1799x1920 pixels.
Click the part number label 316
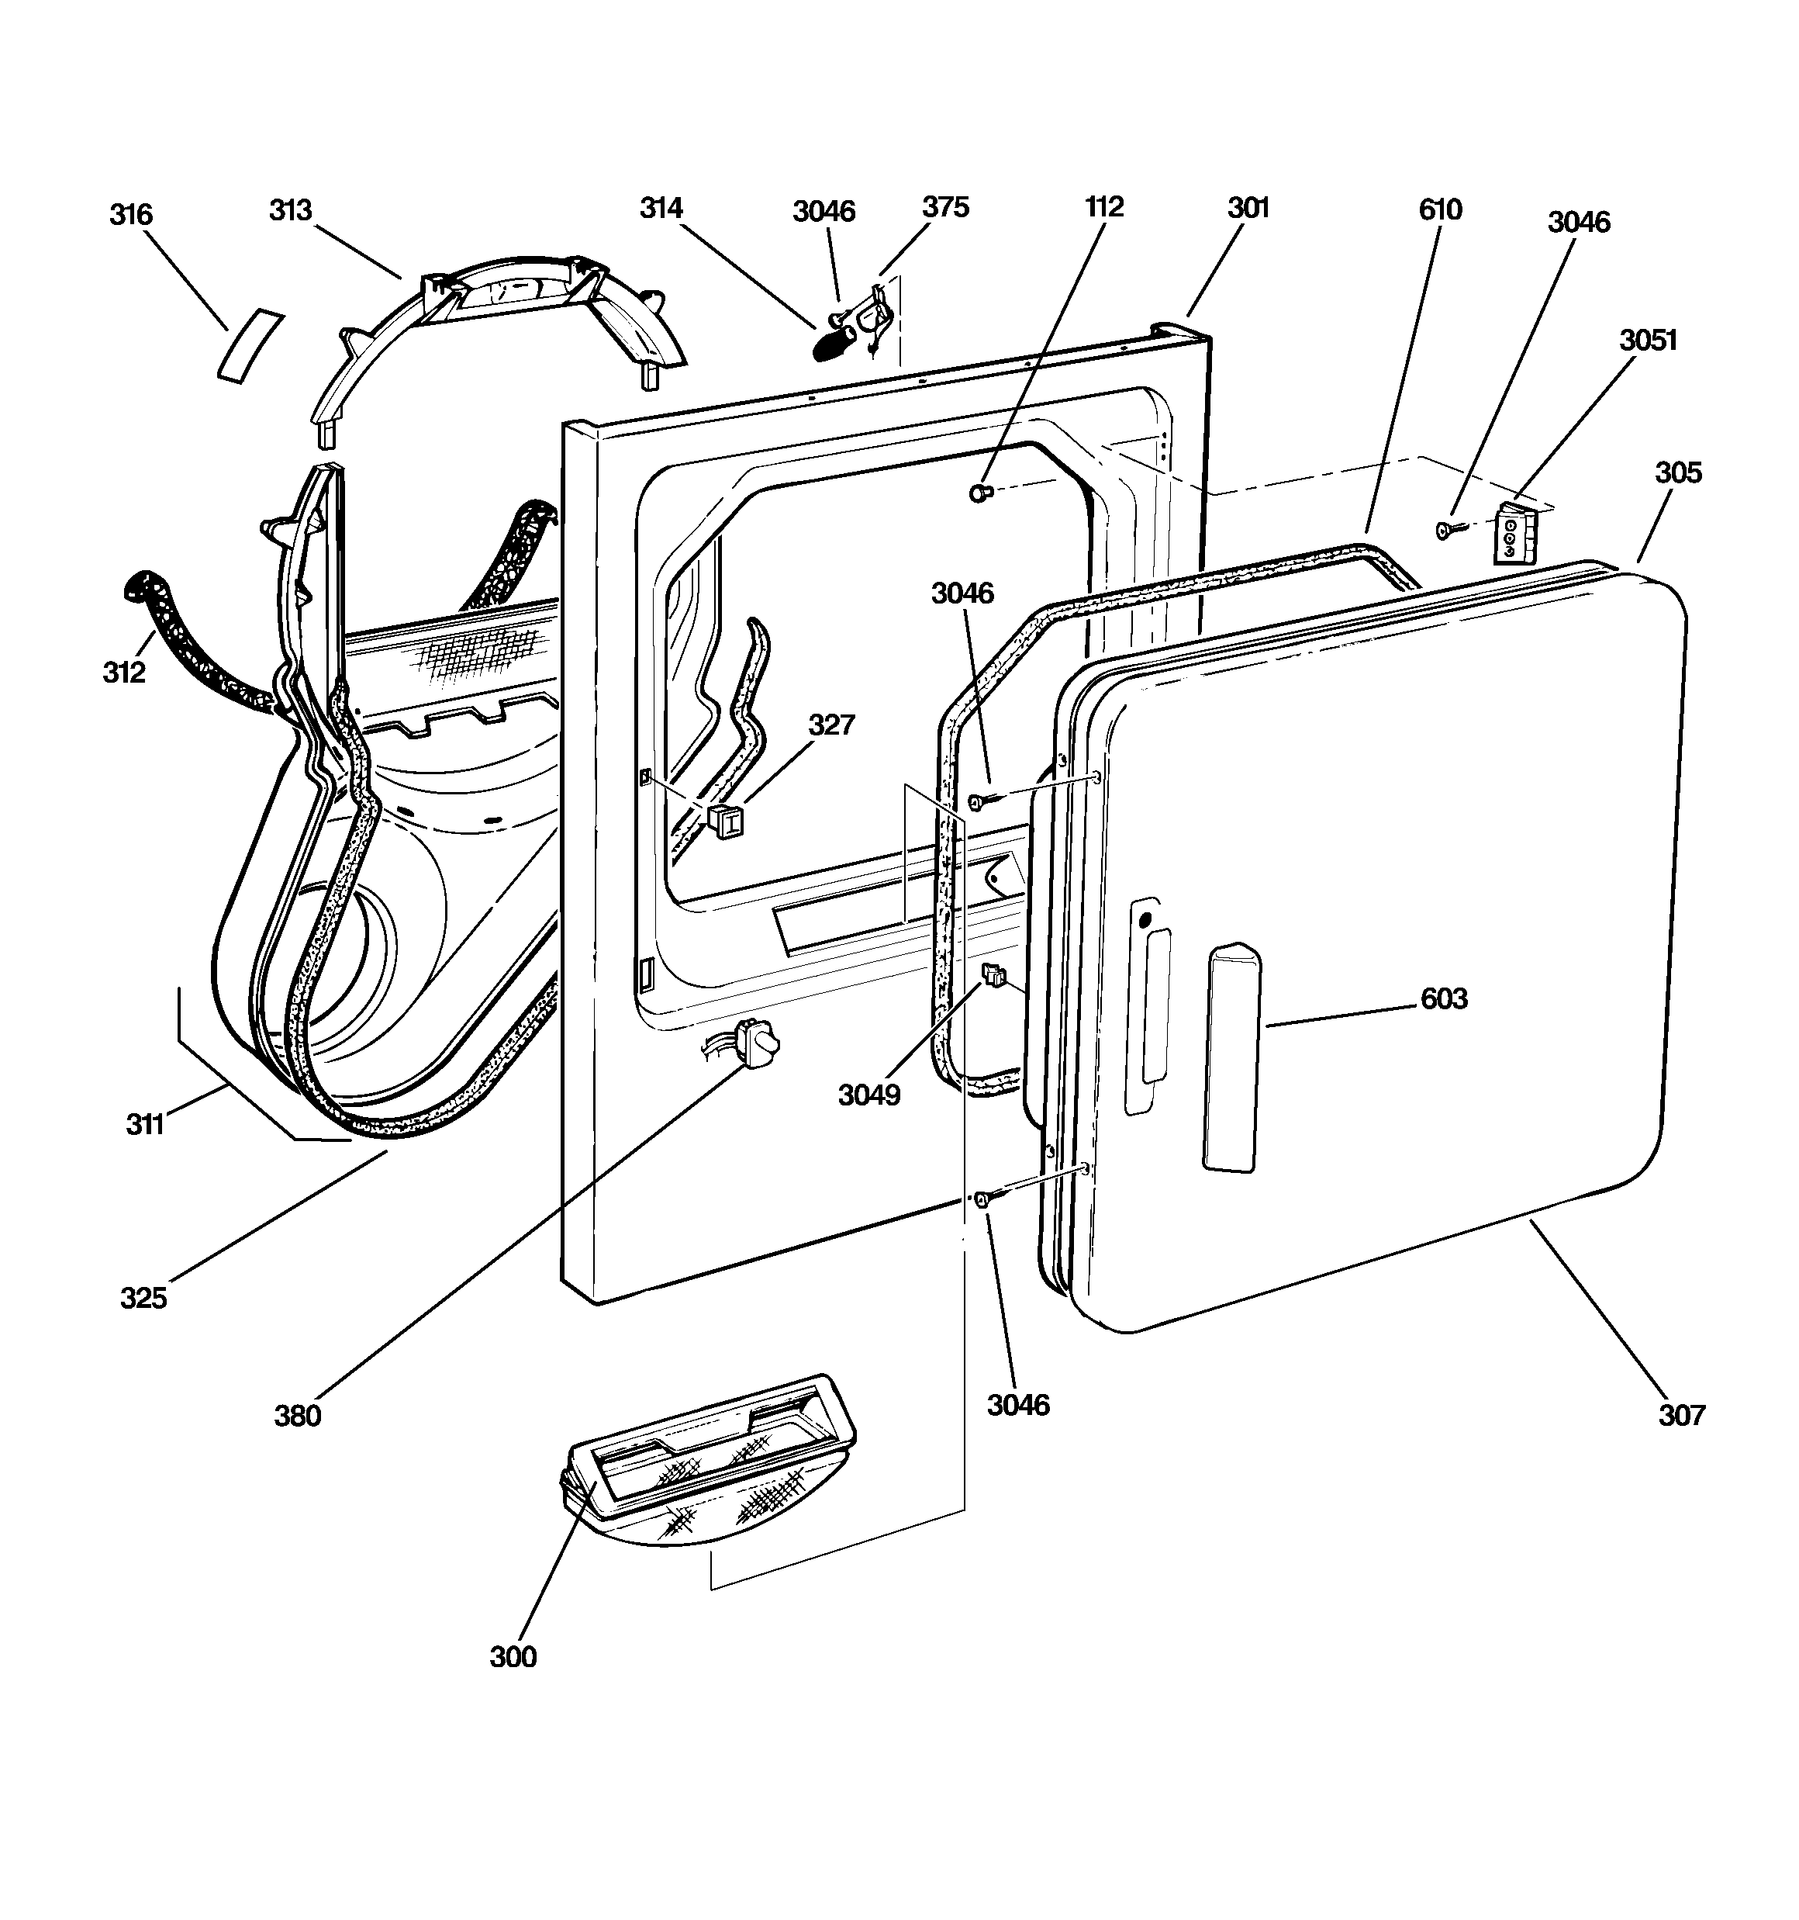[x=130, y=213]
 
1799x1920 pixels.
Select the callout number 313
[x=291, y=209]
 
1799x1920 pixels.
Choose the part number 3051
[x=1649, y=340]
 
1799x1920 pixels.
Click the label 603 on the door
[x=1445, y=998]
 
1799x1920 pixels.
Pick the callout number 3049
[x=869, y=1095]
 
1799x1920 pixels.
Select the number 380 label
[x=298, y=1416]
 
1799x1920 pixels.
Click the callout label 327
[x=831, y=725]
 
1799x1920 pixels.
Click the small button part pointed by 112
[x=980, y=493]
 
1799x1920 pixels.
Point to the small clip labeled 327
[x=725, y=820]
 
